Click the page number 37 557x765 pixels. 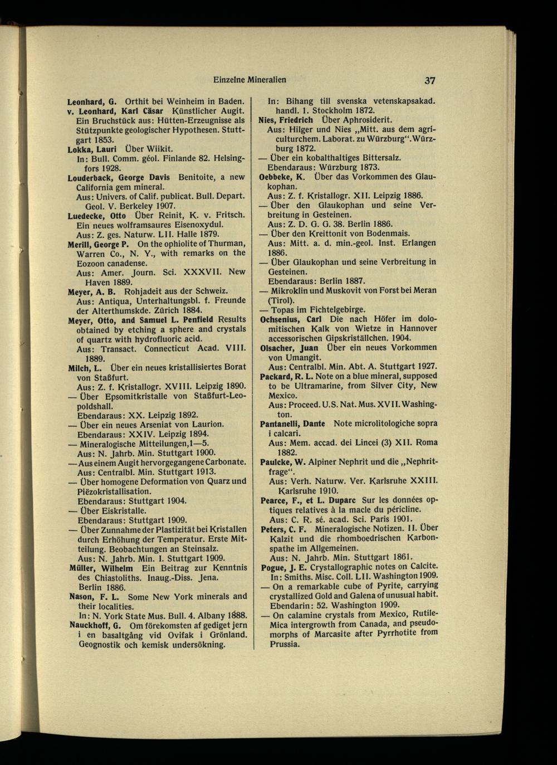click(428, 80)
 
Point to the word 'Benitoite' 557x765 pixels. click(199, 177)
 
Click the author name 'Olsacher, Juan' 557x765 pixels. click(289, 348)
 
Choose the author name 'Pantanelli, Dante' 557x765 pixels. click(292, 423)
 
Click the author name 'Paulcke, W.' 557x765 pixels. click(282, 461)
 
